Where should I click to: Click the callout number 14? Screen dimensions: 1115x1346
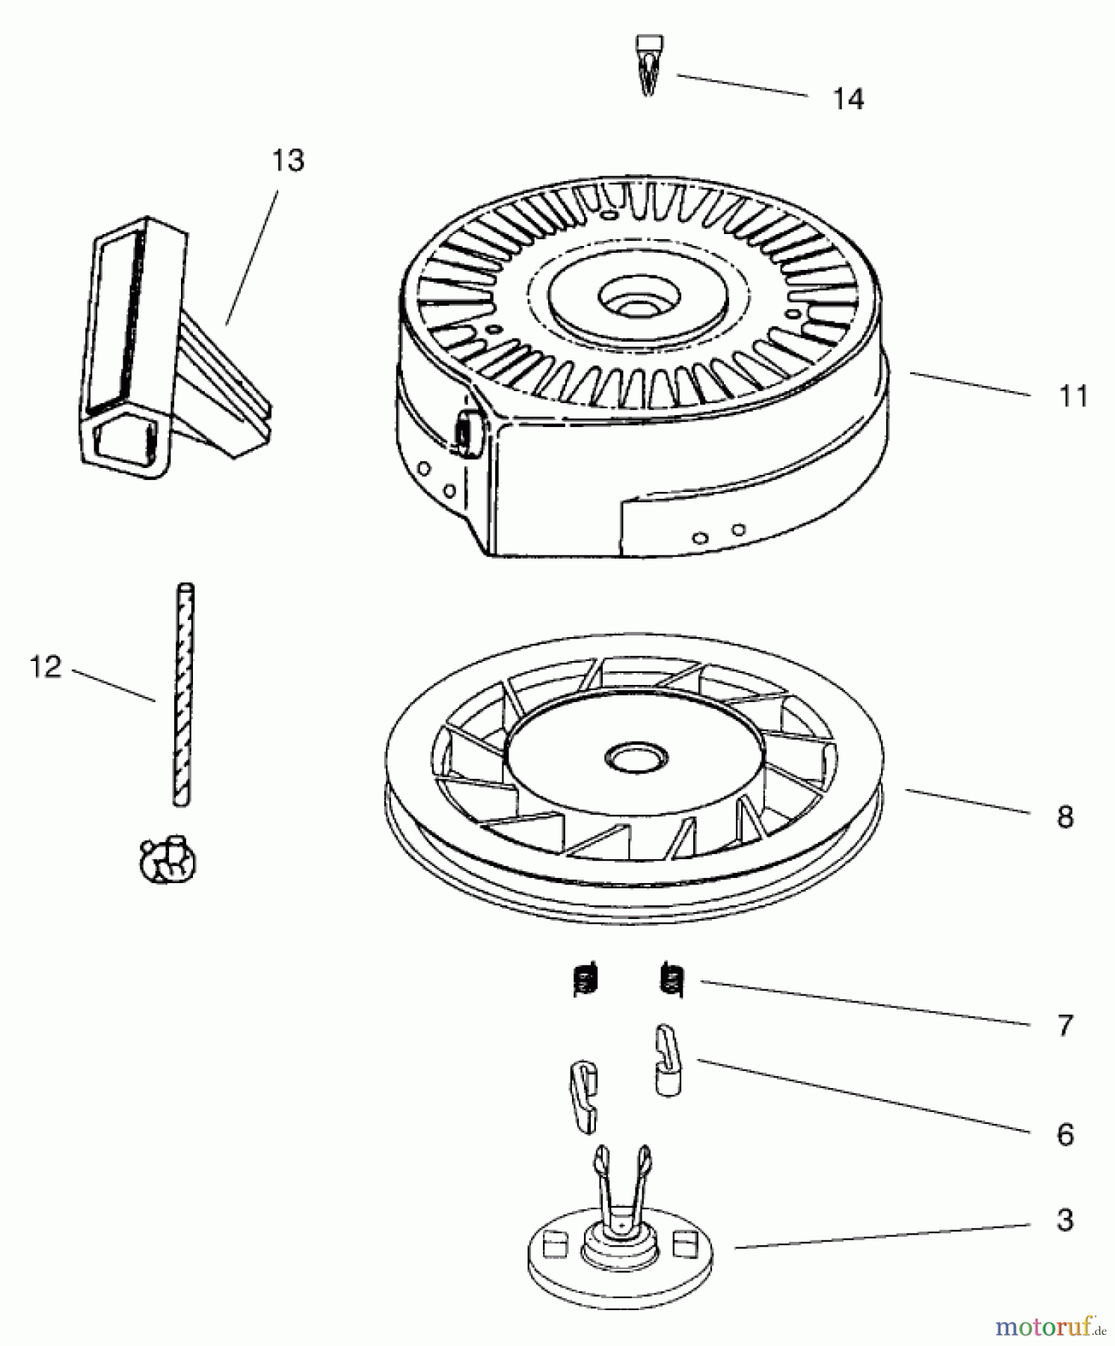[849, 99]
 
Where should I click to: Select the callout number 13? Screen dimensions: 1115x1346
[289, 161]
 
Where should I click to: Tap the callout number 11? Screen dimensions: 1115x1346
[1072, 396]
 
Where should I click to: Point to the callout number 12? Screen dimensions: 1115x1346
[46, 666]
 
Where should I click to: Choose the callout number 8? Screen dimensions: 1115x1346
[1066, 817]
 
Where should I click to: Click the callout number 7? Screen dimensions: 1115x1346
[1066, 1025]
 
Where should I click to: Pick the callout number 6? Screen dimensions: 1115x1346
[1066, 1135]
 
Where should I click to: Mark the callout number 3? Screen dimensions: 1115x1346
[1066, 1220]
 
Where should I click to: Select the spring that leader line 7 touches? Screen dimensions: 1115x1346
[672, 980]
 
